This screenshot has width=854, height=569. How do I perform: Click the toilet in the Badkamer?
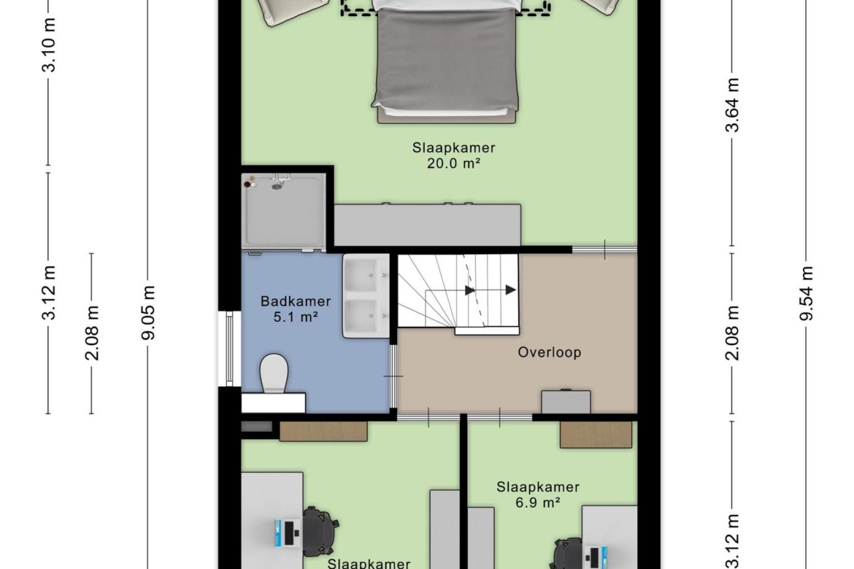pos(274,373)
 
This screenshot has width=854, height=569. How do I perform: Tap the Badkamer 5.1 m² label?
pos(296,309)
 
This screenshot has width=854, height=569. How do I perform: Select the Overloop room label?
pos(549,353)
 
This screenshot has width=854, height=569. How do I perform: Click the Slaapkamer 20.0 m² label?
pos(454,155)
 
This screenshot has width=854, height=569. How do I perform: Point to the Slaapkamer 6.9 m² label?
pos(538,495)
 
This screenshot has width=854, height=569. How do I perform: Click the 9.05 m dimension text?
pos(148,313)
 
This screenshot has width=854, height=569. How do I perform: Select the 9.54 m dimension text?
pos(806,294)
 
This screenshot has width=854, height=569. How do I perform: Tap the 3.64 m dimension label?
pos(732,105)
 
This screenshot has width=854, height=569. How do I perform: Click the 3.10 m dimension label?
pos(49,45)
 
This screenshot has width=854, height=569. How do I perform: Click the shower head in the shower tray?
pos(276,186)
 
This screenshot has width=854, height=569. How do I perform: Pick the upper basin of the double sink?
pos(361,275)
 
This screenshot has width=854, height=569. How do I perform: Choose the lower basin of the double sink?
pos(361,316)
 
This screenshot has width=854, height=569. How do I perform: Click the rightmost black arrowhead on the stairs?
pos(511,290)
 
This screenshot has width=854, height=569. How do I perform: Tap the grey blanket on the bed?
pos(446,57)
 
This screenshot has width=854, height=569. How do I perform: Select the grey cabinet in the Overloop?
pos(566,402)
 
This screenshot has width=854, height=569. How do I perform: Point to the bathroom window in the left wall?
pos(229,349)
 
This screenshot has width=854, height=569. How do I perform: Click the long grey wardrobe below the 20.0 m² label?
pos(428,225)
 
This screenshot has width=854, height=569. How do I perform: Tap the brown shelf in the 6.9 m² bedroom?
pos(596,435)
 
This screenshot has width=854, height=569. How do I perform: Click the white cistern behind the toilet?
pos(274,402)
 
